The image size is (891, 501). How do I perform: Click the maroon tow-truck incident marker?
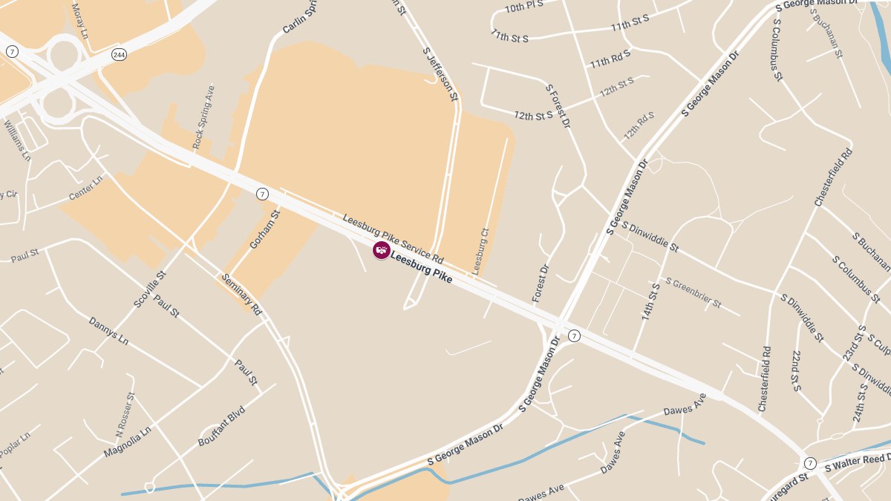pos(382,250)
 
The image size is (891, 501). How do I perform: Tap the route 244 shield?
pos(119,54)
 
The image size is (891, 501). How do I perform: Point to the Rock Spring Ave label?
pos(203,117)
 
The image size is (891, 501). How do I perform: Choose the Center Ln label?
pos(86,189)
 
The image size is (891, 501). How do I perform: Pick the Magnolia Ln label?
pos(128,441)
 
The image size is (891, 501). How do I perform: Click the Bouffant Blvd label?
pos(221,425)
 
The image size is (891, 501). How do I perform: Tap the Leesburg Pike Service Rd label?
pos(393,239)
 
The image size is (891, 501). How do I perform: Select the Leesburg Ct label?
pos(480,250)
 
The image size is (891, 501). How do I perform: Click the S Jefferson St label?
pos(440,73)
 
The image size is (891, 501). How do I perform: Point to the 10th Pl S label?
pos(524,7)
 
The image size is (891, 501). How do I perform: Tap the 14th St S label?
pos(651,301)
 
